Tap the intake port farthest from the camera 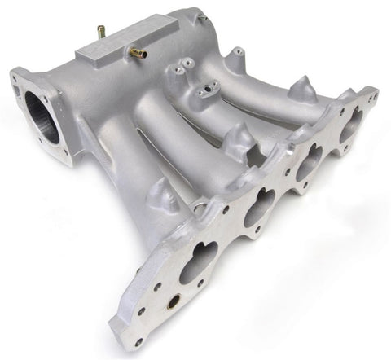pyautogui.click(x=351, y=125)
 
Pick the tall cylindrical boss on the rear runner pyautogui.click(x=235, y=59)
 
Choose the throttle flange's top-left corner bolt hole pyautogui.click(x=15, y=77)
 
